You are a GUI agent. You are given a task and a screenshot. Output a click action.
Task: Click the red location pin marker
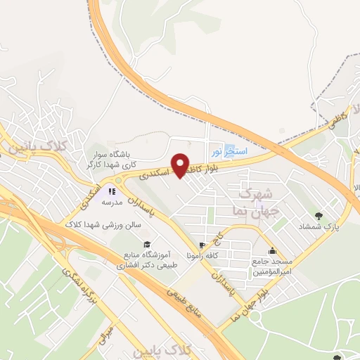180,166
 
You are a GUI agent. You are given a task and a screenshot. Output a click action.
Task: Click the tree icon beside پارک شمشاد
321,214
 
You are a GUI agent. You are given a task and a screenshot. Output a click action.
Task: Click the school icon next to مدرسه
110,191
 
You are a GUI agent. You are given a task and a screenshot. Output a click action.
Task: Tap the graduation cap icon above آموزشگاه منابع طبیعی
146,243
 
